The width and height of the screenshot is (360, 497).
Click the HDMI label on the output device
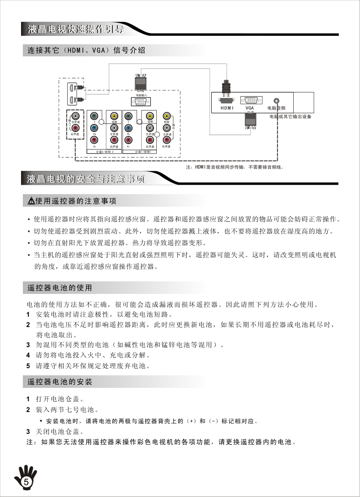pos(227,108)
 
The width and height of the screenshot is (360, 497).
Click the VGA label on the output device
pos(250,108)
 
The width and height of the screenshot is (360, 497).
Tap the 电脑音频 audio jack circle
pos(277,101)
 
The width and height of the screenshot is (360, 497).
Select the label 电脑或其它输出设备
pos(290,117)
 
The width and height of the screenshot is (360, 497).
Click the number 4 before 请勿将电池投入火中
pos(28,355)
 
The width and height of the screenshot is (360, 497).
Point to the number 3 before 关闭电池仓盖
pos(28,432)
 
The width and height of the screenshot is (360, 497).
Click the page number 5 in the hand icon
pos(26,482)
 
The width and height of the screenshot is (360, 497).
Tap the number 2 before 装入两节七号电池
pos(28,409)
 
